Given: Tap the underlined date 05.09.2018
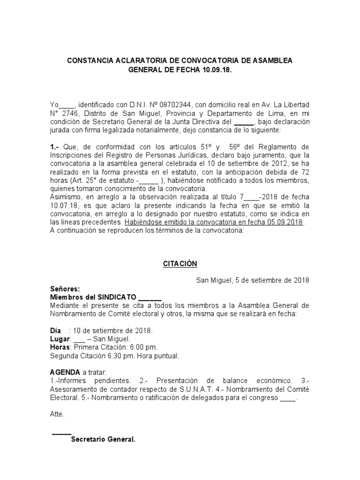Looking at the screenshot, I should [285, 223].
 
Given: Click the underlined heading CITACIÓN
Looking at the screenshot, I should [180, 264].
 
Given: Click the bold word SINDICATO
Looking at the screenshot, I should [117, 297].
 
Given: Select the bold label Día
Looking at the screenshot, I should [56, 330].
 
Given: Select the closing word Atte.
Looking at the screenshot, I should [57, 414].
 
